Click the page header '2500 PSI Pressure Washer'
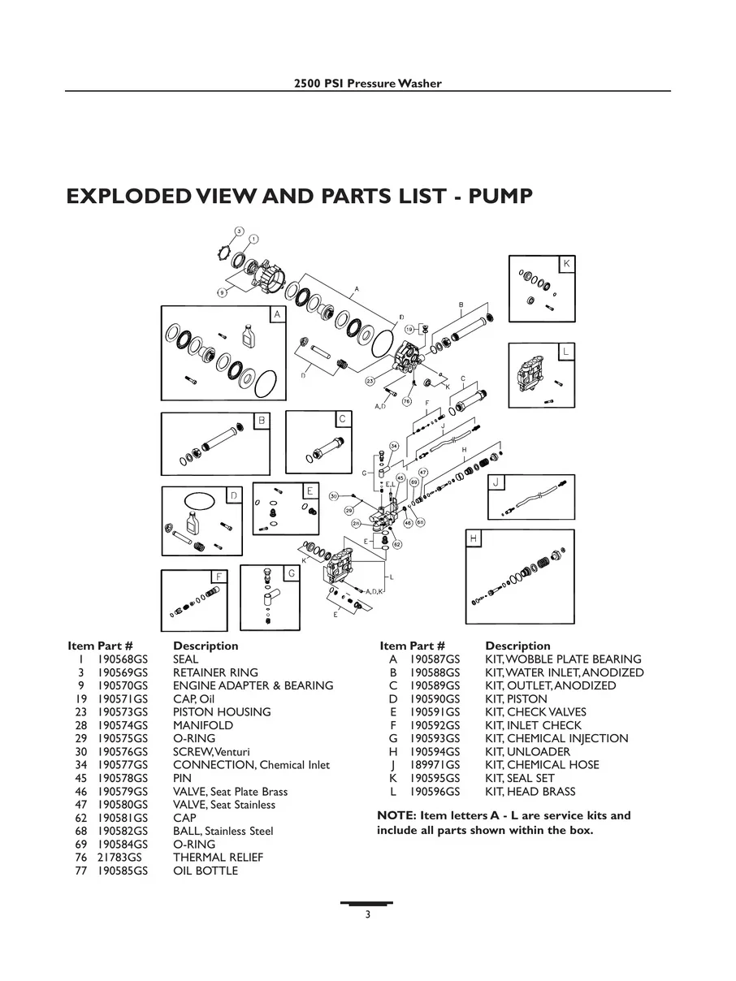pyautogui.click(x=367, y=84)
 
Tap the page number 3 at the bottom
pyautogui.click(x=367, y=914)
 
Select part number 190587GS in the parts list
pyautogui.click(x=435, y=659)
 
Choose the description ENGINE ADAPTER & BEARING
pyautogui.click(x=253, y=685)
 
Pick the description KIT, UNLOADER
pyautogui.click(x=527, y=752)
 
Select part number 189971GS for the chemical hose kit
pyautogui.click(x=435, y=765)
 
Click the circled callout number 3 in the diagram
pyautogui.click(x=240, y=231)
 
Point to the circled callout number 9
pyautogui.click(x=221, y=292)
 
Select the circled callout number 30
pyautogui.click(x=334, y=495)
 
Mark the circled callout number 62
pyautogui.click(x=397, y=544)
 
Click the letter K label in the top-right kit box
pyautogui.click(x=566, y=264)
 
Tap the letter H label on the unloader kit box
pyautogui.click(x=474, y=538)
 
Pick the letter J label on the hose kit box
pyautogui.click(x=495, y=482)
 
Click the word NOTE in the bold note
pyautogui.click(x=396, y=815)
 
